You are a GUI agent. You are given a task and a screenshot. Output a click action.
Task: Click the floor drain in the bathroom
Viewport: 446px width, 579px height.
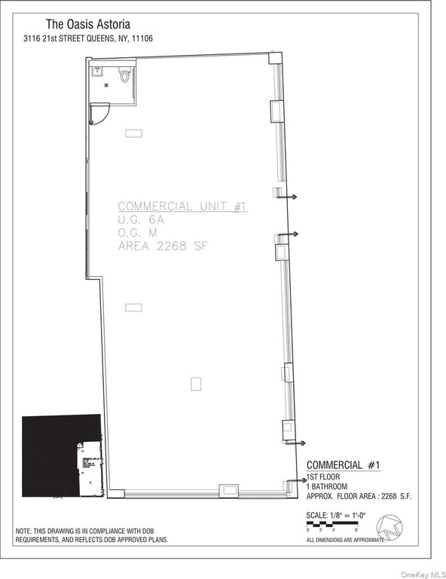pyautogui.click(x=107, y=85)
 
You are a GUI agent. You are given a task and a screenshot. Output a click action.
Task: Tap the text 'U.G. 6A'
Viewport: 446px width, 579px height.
pyautogui.click(x=140, y=219)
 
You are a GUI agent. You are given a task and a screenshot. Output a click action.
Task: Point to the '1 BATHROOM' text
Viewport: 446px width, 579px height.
pyautogui.click(x=328, y=487)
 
